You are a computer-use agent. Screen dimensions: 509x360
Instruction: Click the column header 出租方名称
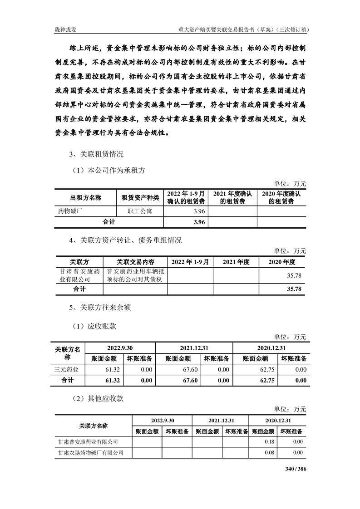point(85,197)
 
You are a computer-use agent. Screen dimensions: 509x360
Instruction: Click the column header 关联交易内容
point(135,262)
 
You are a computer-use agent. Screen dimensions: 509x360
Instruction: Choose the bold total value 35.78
point(295,289)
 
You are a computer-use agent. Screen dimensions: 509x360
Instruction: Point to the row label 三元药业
point(67,370)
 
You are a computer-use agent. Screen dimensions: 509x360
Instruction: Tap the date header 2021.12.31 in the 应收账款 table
point(194,348)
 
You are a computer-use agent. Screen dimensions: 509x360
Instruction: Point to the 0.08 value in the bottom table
point(270,453)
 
